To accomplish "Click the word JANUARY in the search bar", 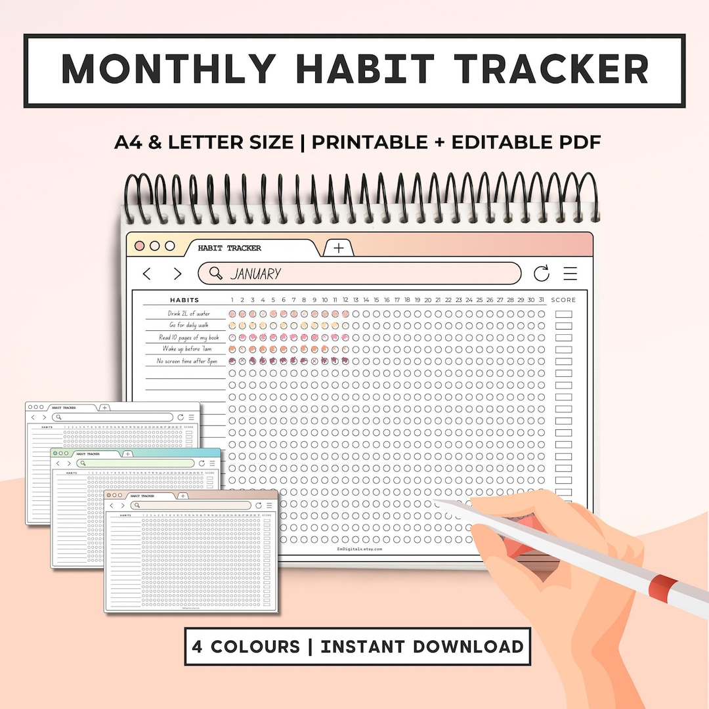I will coord(255,274).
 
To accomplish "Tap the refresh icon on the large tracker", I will coord(542,274).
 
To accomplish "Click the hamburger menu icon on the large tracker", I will coord(570,274).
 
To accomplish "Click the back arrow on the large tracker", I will coord(147,274).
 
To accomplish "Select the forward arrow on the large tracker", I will coord(177,274).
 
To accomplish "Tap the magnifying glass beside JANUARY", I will coord(214,273).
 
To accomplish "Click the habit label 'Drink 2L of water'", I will coord(188,314).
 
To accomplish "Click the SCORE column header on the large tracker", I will coord(563,300).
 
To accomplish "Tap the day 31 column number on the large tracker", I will coord(541,300).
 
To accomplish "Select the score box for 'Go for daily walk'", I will coord(563,326).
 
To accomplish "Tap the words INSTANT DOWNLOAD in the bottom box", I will coord(422,646).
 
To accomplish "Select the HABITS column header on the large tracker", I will coord(184,300).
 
